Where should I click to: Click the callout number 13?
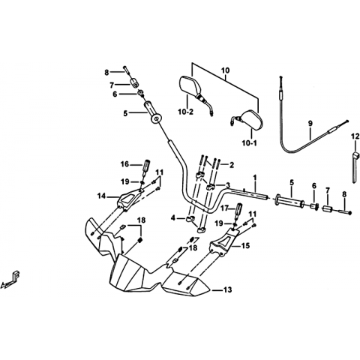point(228,289)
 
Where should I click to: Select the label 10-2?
point(186,112)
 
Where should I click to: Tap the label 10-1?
point(249,143)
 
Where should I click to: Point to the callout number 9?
point(310,123)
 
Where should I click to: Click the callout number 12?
point(355,136)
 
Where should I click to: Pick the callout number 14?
point(101,196)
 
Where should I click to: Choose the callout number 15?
point(245,246)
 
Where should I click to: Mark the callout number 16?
point(124,164)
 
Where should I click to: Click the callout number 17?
point(225,207)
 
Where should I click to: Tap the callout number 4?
point(173,218)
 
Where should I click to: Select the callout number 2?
point(232,165)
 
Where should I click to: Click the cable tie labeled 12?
point(355,167)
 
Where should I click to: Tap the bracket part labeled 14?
point(130,199)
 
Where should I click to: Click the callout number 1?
point(255,178)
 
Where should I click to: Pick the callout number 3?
point(228,185)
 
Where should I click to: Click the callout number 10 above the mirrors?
point(225,70)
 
